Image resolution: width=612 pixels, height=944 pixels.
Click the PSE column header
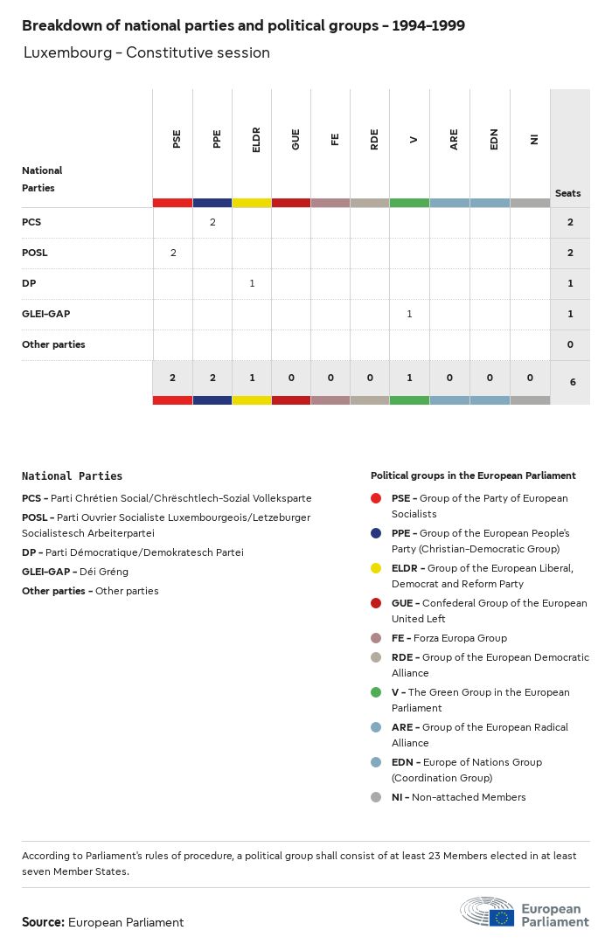click(x=177, y=139)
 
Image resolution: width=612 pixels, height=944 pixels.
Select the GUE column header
click(x=296, y=139)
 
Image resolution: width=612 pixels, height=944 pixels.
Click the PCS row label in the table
click(x=31, y=222)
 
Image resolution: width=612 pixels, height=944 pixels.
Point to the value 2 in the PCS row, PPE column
click(x=212, y=222)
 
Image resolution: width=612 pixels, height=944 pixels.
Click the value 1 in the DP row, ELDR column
click(x=252, y=283)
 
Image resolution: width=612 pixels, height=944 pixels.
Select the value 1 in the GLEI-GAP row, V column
click(x=409, y=314)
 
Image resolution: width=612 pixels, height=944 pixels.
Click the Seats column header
click(x=568, y=193)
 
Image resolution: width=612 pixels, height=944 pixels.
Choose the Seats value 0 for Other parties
click(x=570, y=344)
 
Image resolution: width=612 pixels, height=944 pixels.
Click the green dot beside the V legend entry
click(x=376, y=692)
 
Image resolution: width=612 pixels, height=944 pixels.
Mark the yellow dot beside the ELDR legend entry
click(x=376, y=568)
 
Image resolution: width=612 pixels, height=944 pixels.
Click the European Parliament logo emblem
click(x=488, y=912)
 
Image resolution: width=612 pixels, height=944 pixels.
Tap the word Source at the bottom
click(x=43, y=922)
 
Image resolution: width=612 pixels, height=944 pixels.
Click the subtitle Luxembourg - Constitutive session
click(x=147, y=52)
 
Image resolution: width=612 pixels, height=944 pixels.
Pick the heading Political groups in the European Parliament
click(x=473, y=475)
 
